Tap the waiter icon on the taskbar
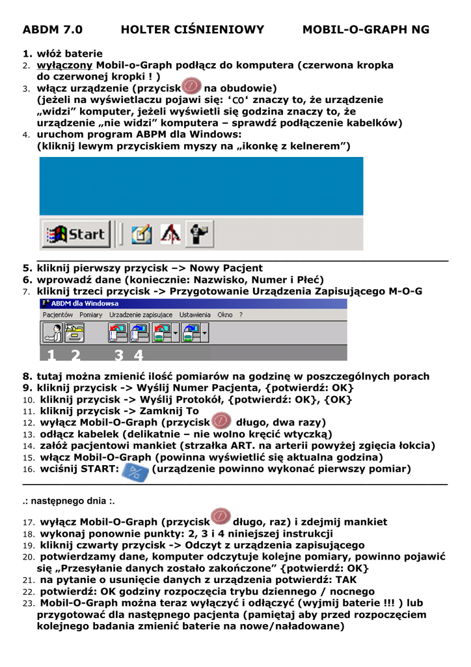(x=199, y=234)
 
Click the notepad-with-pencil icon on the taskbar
(x=141, y=234)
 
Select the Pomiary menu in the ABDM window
(x=91, y=315)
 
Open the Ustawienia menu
(x=195, y=315)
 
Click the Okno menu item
(x=225, y=315)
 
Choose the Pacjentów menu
(x=58, y=315)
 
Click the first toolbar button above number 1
(x=52, y=333)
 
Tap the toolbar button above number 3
(x=118, y=333)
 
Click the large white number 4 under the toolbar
(x=138, y=355)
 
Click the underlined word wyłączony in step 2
(x=65, y=65)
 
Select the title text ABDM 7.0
(x=53, y=30)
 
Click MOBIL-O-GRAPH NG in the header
(x=366, y=30)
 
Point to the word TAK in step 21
(x=346, y=580)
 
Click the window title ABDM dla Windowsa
(x=85, y=304)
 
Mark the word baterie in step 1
(x=83, y=53)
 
